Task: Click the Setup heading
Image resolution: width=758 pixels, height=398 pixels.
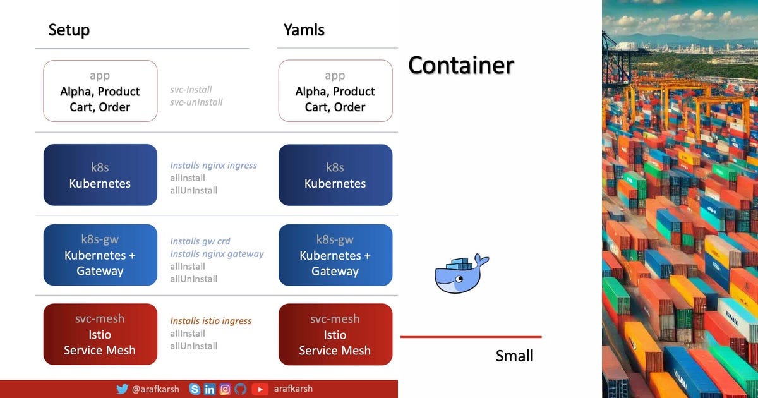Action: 69,30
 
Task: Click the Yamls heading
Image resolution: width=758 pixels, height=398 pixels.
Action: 304,30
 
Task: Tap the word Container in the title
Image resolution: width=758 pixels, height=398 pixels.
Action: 460,65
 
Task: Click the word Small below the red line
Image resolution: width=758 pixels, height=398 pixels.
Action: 514,356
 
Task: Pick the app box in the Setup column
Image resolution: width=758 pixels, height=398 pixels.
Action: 100,91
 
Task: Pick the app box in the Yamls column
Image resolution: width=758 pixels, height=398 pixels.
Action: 335,91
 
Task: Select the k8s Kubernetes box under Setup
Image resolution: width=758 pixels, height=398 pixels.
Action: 100,175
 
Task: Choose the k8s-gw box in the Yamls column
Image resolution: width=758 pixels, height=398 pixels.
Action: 335,255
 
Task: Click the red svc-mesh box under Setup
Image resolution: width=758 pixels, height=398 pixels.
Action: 100,334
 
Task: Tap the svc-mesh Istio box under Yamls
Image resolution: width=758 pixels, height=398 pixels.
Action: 335,334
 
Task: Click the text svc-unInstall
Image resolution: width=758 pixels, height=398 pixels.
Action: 196,102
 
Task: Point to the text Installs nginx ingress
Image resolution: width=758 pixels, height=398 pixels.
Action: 214,166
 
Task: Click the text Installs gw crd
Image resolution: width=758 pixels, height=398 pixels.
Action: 200,241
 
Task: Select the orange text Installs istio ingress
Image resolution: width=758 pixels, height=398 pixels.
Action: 211,321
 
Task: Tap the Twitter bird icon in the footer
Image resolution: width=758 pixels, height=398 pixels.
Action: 122,389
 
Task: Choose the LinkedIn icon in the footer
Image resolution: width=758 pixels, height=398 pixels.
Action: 210,389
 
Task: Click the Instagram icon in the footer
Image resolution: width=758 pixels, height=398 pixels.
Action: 225,389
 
